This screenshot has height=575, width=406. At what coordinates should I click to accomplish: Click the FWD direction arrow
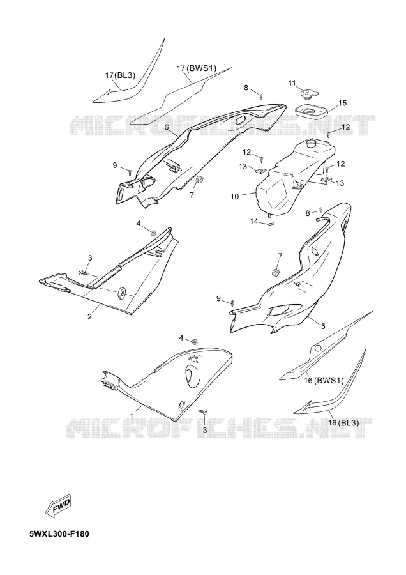click(x=58, y=507)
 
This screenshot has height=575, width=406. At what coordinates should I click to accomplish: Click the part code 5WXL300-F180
click(x=59, y=533)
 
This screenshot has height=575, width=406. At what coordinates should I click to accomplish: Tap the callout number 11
click(x=292, y=83)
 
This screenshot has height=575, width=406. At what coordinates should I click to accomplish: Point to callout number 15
click(x=342, y=103)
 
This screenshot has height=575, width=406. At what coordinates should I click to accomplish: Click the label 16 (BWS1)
click(x=324, y=380)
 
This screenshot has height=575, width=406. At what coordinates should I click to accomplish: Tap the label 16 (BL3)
click(x=343, y=423)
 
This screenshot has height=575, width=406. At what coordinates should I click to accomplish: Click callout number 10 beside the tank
click(x=234, y=197)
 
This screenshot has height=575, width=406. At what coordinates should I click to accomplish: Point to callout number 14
click(x=254, y=221)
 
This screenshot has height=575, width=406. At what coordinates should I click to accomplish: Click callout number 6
click(x=167, y=127)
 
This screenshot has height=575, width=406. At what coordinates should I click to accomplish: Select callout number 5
click(x=323, y=326)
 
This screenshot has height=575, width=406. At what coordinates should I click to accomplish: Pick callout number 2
click(x=90, y=316)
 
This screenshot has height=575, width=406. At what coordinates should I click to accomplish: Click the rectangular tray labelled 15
click(x=311, y=111)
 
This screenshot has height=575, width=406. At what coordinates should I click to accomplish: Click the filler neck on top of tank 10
click(x=311, y=142)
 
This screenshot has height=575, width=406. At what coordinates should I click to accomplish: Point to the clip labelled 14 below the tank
click(x=271, y=224)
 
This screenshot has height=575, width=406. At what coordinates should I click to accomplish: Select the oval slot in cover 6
click(x=241, y=120)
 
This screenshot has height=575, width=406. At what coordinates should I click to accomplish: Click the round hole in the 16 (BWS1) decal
click(x=318, y=348)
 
